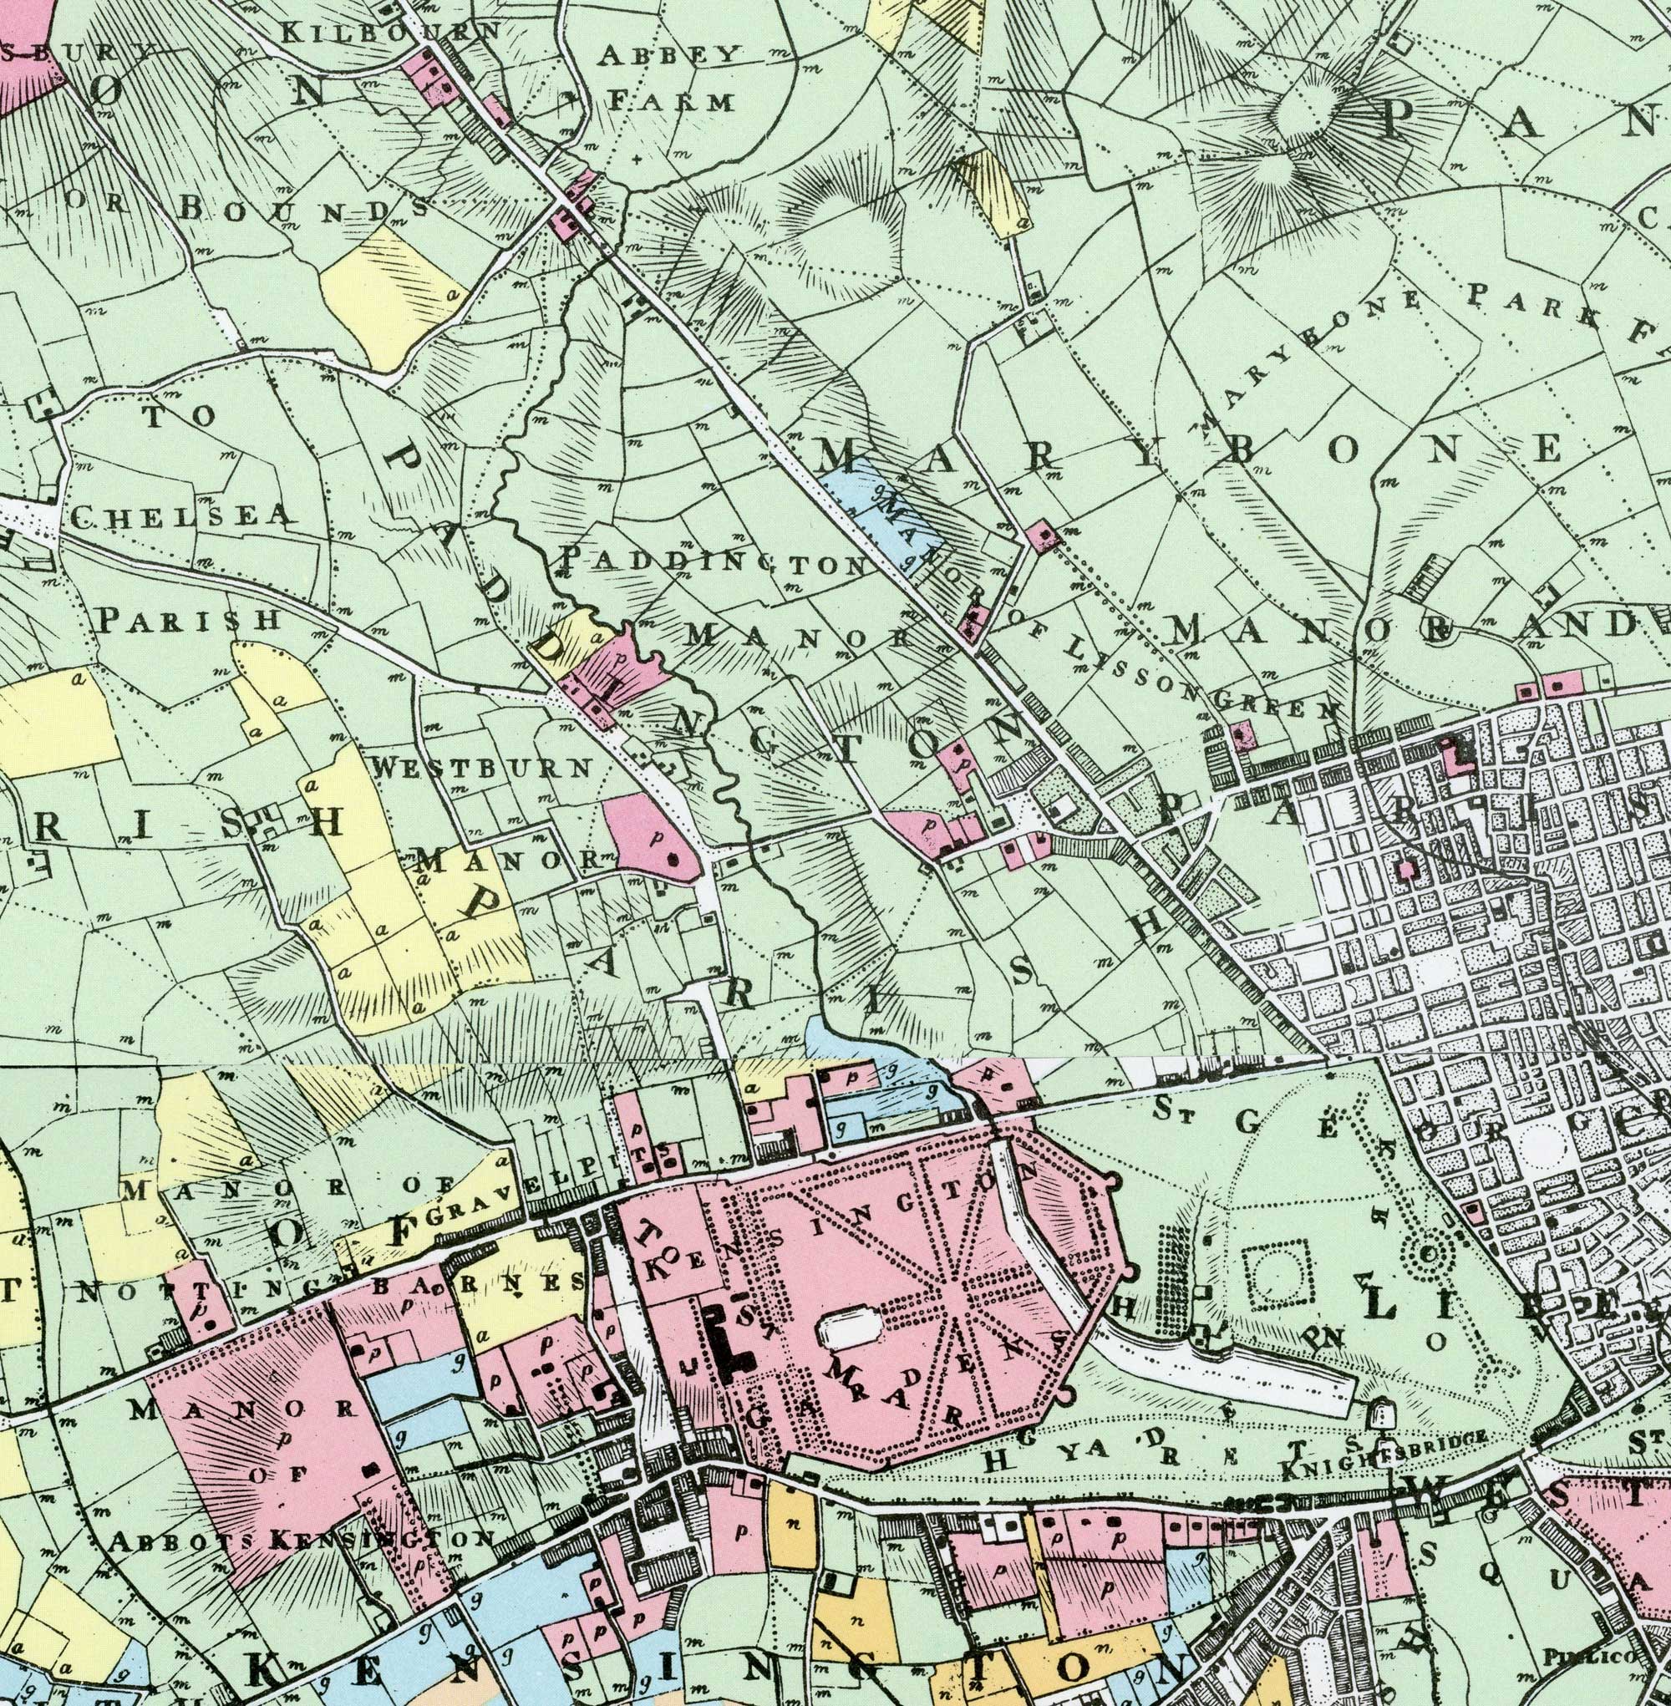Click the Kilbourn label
[389, 33]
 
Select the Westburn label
[481, 767]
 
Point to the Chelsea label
[179, 517]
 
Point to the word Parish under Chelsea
[188, 620]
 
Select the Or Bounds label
[246, 206]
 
